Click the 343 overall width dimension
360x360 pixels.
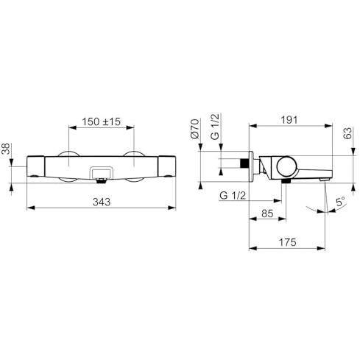(102, 202)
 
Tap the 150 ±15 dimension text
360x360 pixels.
(101, 121)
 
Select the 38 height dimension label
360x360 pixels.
(6, 149)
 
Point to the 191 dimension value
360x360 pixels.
(289, 120)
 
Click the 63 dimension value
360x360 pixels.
(347, 133)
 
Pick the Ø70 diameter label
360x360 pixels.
(195, 129)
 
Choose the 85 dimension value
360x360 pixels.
(267, 213)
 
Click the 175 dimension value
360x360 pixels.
(288, 243)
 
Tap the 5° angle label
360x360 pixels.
(340, 202)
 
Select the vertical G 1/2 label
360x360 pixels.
(215, 127)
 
